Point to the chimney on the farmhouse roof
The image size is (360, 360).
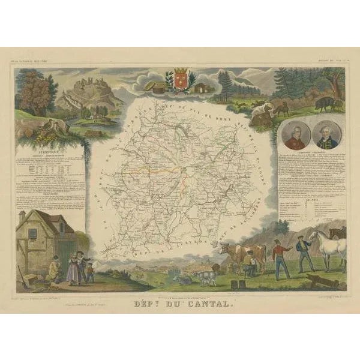pyautogui.click(x=22, y=217)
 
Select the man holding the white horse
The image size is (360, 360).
pyautogui.click(x=303, y=251)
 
